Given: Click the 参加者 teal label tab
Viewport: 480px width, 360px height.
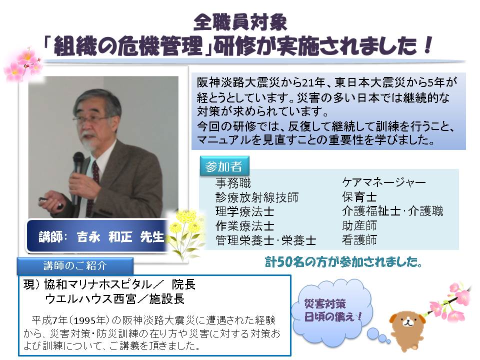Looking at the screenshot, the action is click(224, 166).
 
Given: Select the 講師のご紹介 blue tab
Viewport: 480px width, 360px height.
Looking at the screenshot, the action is click(75, 265).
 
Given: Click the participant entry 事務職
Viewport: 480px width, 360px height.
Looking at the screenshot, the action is click(233, 183).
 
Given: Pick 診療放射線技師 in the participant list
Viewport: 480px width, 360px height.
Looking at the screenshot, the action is click(257, 197).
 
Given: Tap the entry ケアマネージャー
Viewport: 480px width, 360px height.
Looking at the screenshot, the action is click(384, 182).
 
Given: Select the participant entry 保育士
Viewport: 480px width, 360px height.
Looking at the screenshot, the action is click(359, 197).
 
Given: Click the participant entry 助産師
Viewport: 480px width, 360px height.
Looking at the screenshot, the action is click(359, 225).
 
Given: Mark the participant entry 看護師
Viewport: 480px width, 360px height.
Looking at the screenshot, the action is click(359, 239).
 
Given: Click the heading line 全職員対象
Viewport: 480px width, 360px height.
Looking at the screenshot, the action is click(240, 22).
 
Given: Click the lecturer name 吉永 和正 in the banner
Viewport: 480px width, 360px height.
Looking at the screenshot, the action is click(104, 237).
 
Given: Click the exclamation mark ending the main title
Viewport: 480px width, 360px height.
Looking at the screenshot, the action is click(427, 45).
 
